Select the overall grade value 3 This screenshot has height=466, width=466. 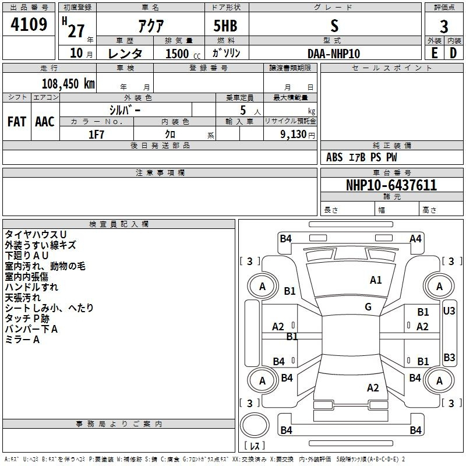(x=444, y=27)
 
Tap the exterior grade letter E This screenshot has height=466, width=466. (x=434, y=53)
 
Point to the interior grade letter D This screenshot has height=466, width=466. (x=453, y=53)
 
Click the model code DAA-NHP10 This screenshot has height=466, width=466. (x=334, y=54)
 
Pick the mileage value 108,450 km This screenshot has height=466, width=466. (x=68, y=83)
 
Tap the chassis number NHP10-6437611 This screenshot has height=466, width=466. (x=391, y=185)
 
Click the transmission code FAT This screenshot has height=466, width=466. (x=17, y=122)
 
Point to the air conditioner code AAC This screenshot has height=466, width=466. (x=45, y=122)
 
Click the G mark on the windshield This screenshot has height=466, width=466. (x=368, y=307)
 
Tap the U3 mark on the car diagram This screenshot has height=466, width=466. (x=449, y=311)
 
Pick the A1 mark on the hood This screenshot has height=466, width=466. (x=376, y=280)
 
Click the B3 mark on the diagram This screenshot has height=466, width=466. (x=449, y=358)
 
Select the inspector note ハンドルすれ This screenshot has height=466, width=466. (x=31, y=287)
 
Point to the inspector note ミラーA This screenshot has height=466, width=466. (x=22, y=340)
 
